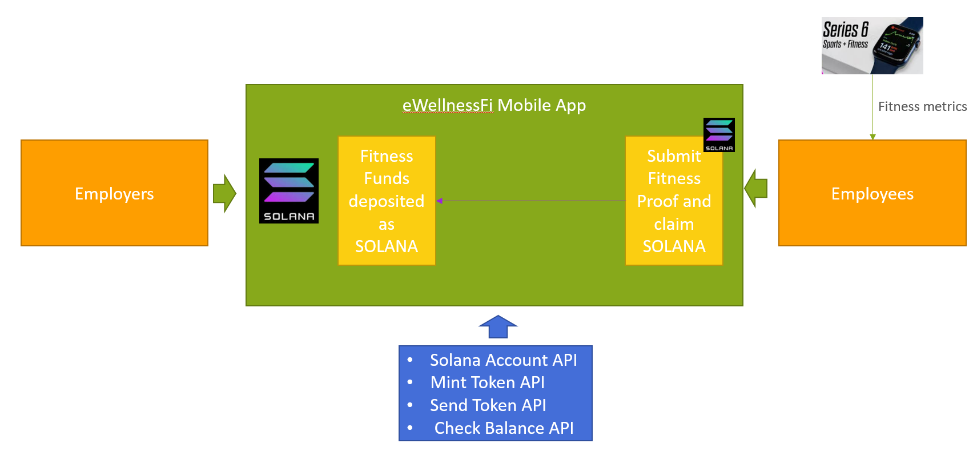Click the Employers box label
tap(114, 194)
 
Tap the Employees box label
tap(872, 194)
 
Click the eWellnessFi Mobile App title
tap(494, 105)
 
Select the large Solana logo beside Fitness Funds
tap(289, 191)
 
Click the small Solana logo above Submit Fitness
tap(719, 135)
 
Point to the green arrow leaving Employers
tap(224, 193)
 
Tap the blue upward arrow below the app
tap(498, 327)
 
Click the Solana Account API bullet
tap(503, 360)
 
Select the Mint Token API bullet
tap(487, 382)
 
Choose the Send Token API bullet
tap(488, 405)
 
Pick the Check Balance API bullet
tap(504, 428)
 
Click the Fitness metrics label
tap(922, 107)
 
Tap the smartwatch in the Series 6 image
tap(896, 46)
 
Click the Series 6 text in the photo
tap(845, 29)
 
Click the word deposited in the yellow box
tap(387, 201)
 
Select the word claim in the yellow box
tap(674, 224)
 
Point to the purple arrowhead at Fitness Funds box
tap(439, 201)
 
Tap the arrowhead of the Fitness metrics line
tap(873, 137)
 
